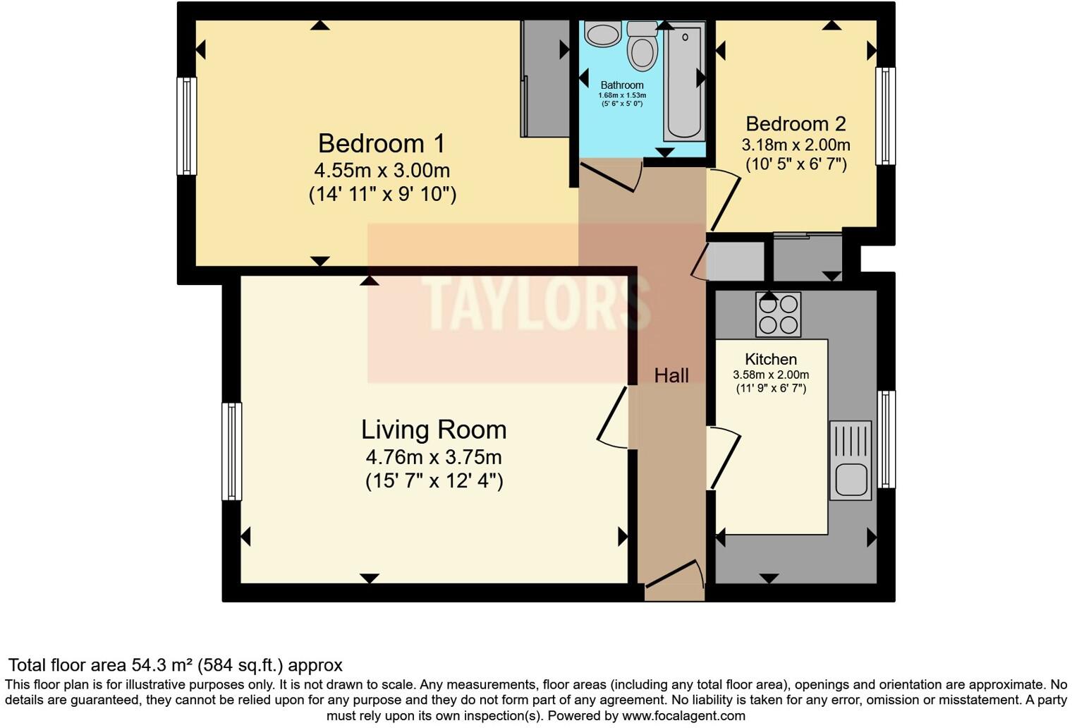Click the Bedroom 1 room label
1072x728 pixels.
click(382, 144)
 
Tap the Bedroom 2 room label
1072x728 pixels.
click(796, 124)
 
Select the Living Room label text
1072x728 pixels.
click(434, 430)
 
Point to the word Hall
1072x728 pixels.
click(671, 375)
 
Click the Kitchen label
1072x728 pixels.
click(771, 360)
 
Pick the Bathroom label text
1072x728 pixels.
click(621, 85)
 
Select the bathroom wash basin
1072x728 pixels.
click(602, 33)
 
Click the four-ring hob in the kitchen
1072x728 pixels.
click(778, 315)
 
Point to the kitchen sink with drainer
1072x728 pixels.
click(851, 461)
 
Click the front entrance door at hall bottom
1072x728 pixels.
click(674, 576)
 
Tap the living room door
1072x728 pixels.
click(613, 418)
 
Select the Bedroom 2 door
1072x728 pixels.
click(724, 200)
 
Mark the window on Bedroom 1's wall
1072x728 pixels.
click(186, 126)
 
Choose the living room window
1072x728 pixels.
click(231, 451)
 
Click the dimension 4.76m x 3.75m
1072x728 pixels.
click(434, 456)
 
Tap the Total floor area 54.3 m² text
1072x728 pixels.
click(175, 665)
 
